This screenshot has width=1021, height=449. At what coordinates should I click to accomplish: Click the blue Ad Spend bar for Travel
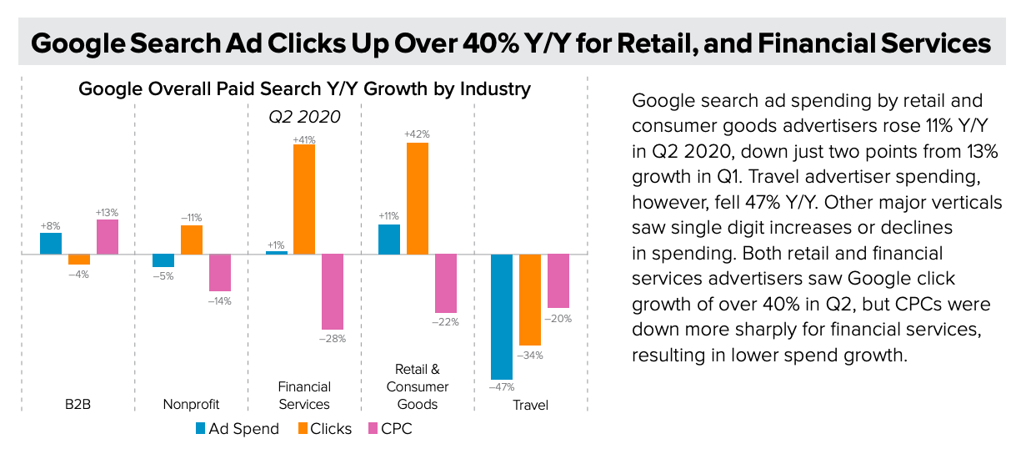[502, 316]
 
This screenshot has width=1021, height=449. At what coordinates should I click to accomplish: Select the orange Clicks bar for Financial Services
[304, 199]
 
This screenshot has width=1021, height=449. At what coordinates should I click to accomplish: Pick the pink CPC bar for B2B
[108, 237]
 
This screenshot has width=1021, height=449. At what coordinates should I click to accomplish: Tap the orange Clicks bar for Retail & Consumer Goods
[418, 199]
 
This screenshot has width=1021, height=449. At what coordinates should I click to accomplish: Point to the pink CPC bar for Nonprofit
[220, 272]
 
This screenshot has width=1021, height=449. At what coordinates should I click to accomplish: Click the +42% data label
[417, 134]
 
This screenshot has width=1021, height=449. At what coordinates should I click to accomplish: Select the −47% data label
[502, 387]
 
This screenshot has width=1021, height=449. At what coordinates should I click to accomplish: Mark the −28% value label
[333, 338]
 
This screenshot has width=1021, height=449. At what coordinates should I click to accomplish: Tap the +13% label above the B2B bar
[108, 211]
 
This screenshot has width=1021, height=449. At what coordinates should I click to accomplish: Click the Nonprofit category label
[192, 405]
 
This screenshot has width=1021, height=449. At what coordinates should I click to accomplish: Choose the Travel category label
[531, 405]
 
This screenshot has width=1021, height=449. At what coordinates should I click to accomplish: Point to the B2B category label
[78, 405]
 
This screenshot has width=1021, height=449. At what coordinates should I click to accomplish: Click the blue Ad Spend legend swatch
[201, 429]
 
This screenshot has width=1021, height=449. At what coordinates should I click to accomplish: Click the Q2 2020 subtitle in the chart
[304, 117]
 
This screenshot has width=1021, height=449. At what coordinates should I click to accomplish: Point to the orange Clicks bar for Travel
[530, 300]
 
